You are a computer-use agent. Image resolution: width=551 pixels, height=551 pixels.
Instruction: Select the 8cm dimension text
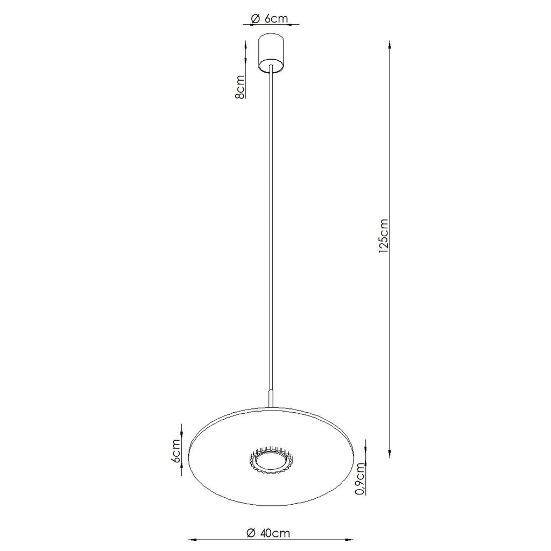tap(241, 87)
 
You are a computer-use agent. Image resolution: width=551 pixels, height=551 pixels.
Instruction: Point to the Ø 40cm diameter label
tap(269, 533)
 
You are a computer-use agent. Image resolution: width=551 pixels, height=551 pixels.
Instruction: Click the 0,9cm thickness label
tap(360, 478)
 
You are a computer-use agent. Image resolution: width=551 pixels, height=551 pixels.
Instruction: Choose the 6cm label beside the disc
tap(176, 451)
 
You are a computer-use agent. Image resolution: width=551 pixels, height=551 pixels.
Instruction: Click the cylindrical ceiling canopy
tap(271, 53)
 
